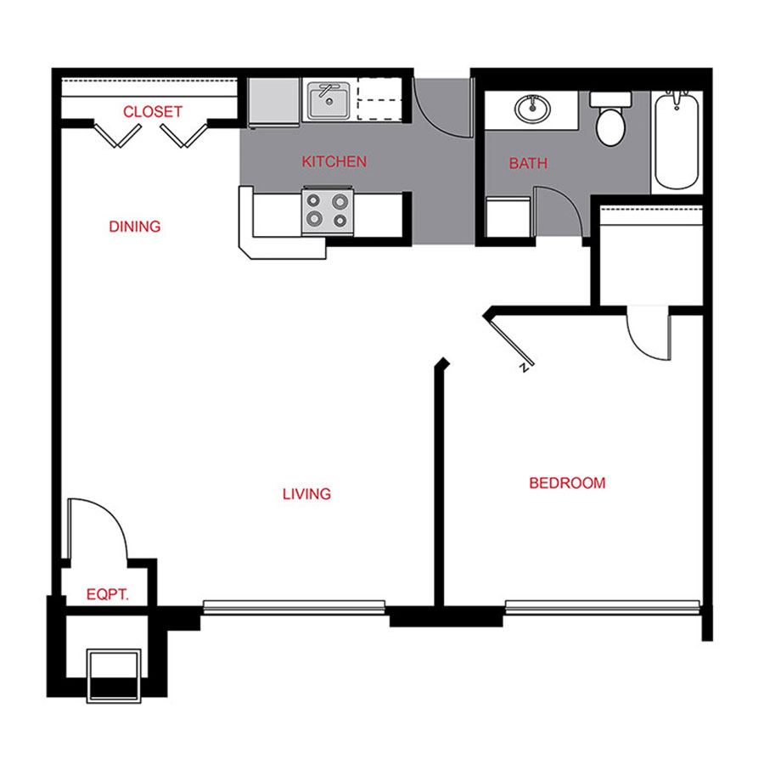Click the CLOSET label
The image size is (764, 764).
[x=153, y=111]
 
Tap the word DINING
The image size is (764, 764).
[x=135, y=227]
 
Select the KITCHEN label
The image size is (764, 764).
[x=334, y=161]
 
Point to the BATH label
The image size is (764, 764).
[x=528, y=163]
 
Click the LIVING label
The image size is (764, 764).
[x=306, y=493]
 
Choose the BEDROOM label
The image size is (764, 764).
[x=567, y=483]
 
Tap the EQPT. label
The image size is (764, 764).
[x=108, y=595]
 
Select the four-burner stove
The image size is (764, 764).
[x=327, y=210]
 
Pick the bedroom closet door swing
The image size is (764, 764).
[x=649, y=334]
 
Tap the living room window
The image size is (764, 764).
[x=294, y=607]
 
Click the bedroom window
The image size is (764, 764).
[x=602, y=607]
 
